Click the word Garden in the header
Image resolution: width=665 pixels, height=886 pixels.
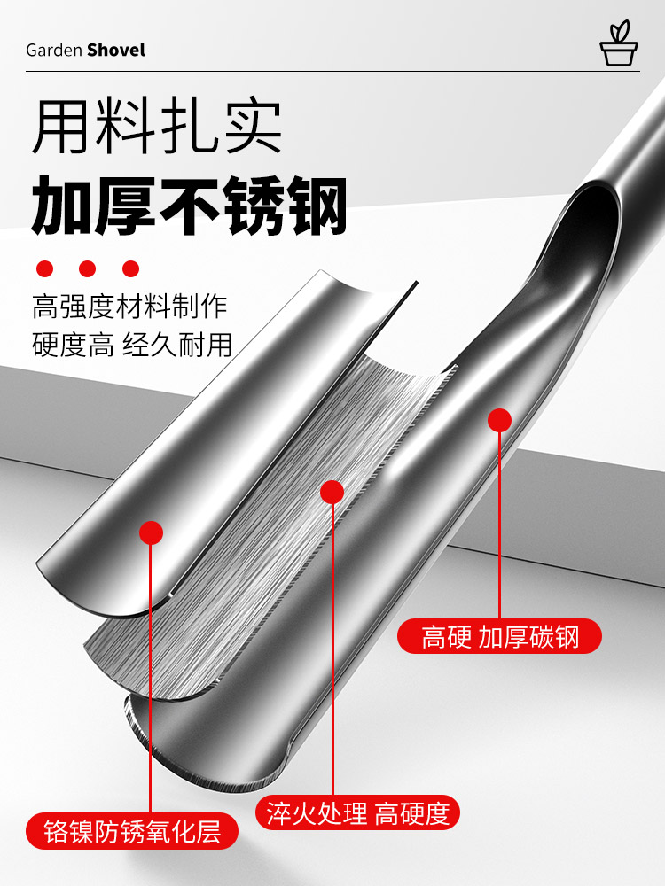pyautogui.click(x=54, y=51)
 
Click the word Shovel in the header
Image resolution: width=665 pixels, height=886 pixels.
pyautogui.click(x=116, y=51)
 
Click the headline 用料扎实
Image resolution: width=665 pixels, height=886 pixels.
pyautogui.click(x=157, y=128)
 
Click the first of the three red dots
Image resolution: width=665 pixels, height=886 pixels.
pyautogui.click(x=44, y=268)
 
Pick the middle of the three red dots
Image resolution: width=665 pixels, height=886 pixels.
pyautogui.click(x=88, y=268)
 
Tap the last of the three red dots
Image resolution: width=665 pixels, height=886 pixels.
pyautogui.click(x=131, y=268)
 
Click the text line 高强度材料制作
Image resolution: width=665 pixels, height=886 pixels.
pyautogui.click(x=130, y=307)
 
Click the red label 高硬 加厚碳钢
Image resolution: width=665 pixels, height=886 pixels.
pyautogui.click(x=499, y=637)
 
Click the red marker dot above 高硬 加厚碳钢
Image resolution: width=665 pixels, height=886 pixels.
pyautogui.click(x=500, y=420)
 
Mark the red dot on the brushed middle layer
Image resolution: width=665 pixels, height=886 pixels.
pyautogui.click(x=332, y=492)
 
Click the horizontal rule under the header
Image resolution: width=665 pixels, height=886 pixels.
pyautogui.click(x=332, y=72)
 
